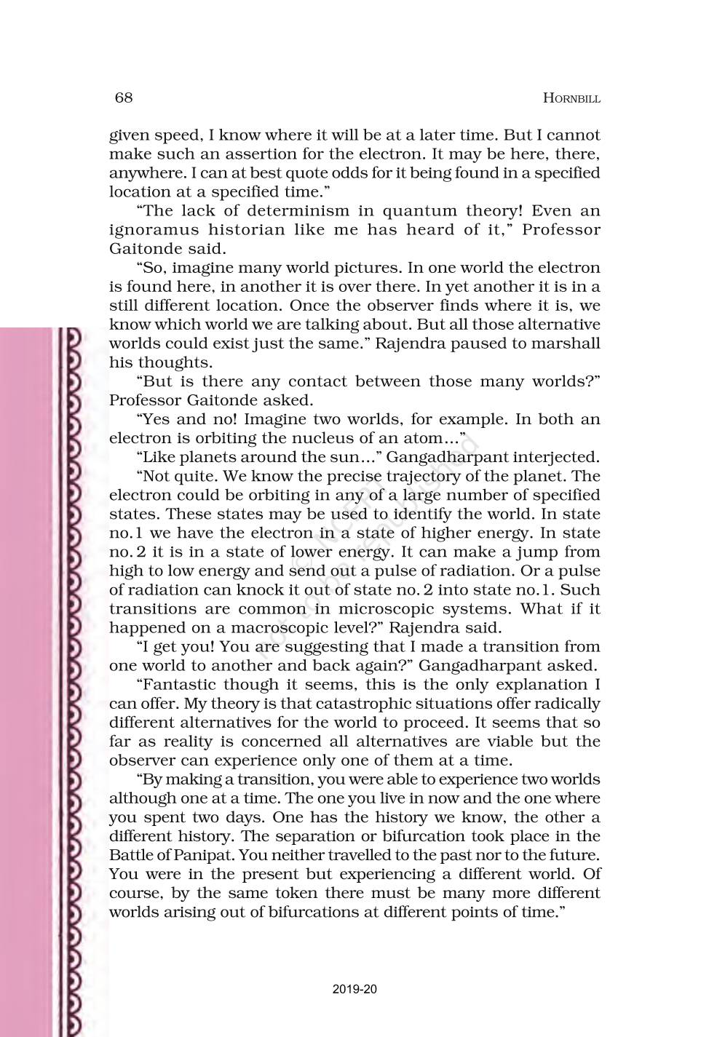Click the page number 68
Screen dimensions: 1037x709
click(x=123, y=98)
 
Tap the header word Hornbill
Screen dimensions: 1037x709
click(x=571, y=99)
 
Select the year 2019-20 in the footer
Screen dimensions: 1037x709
click(x=354, y=989)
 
